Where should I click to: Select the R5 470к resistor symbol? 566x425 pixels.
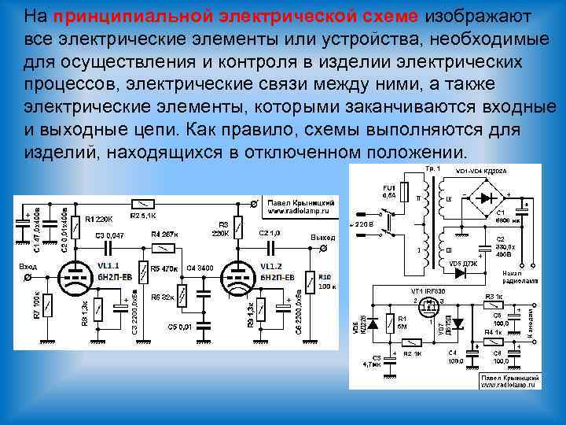coord(143,272)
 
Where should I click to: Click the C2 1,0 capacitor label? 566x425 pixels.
coord(270,234)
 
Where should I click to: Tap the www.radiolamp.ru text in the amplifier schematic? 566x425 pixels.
coord(302,210)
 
